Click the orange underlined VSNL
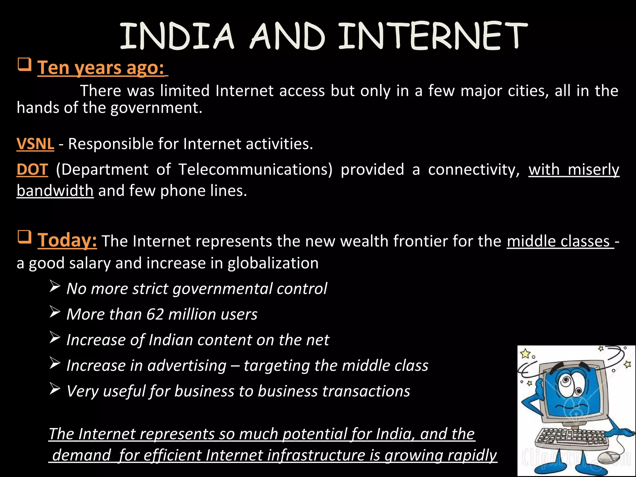point(35,144)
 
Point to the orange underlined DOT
point(32,170)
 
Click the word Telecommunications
point(255,170)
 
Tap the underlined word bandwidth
point(55,191)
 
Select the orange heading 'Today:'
point(67,240)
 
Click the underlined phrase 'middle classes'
point(558,242)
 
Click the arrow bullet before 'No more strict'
point(55,287)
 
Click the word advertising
point(187,366)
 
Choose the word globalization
point(273,263)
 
